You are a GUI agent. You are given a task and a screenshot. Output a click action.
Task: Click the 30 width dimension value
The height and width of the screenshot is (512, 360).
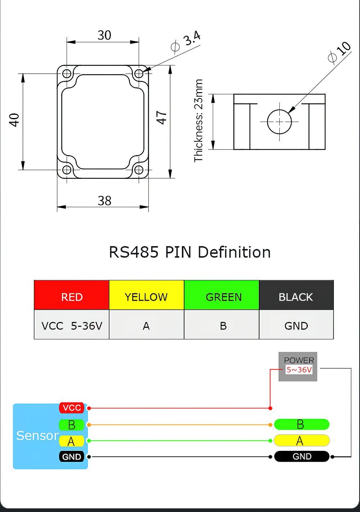104,35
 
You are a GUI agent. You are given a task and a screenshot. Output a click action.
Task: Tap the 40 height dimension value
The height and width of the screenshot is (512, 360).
14,119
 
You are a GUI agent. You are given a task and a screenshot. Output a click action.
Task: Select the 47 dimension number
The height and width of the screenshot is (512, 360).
162,118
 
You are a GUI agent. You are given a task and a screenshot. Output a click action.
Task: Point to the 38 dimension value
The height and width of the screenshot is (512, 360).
104,200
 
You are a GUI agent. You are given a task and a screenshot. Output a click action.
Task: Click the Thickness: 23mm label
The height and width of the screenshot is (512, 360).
198,121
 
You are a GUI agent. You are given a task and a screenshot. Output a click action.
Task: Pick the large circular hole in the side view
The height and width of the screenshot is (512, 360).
279,122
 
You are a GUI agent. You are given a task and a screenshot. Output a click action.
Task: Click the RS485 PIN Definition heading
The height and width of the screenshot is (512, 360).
190,252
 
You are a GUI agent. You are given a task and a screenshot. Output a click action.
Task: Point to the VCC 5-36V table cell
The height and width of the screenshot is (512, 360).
72,326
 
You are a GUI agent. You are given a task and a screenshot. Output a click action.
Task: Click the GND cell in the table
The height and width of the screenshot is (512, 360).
296,326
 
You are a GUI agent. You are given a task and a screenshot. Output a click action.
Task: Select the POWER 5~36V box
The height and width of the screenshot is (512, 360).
298,366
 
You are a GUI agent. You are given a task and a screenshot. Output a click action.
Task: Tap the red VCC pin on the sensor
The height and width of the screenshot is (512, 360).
72,408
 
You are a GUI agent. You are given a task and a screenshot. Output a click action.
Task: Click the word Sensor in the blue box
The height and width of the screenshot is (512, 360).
37,435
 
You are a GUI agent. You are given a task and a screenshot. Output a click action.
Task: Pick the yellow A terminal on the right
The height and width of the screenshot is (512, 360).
301,440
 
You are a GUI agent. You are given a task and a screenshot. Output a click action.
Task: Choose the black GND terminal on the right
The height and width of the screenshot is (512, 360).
301,456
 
